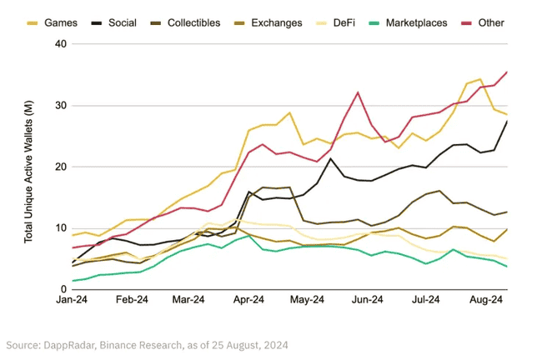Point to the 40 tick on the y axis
click(x=59, y=43)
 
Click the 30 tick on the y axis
click(x=59, y=105)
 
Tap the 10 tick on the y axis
click(x=59, y=228)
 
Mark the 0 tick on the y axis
click(x=63, y=289)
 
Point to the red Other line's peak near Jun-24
click(x=358, y=92)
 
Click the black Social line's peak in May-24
click(x=330, y=158)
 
